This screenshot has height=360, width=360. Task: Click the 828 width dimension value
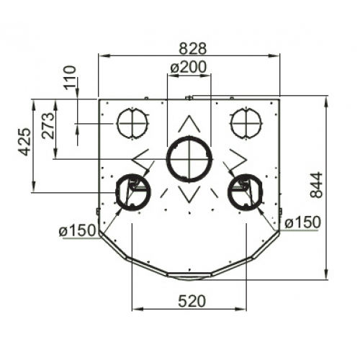pos(192,48)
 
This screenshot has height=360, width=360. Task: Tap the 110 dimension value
pos(70,78)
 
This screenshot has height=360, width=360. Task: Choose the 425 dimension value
pos(24,142)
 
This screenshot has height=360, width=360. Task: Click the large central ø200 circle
pos(189,160)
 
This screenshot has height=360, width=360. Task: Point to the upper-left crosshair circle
pos(132,124)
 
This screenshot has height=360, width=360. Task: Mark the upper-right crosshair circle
pos(245,124)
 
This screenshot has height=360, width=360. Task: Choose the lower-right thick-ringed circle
pos(244,191)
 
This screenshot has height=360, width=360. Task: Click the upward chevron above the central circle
pos(189,124)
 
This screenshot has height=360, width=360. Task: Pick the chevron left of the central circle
pos(142,157)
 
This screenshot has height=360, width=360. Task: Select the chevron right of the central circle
pos(237,157)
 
